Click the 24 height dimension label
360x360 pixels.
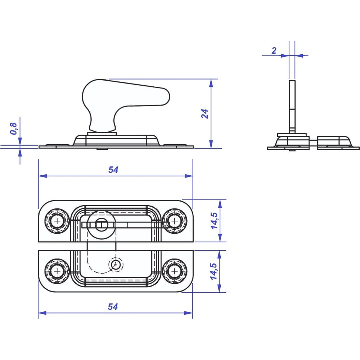[205, 114]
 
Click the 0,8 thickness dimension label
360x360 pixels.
[14, 129]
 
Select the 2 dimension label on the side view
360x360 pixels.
[274, 50]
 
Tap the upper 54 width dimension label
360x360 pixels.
[113, 170]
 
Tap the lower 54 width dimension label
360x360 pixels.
[113, 307]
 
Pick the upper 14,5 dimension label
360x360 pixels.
[214, 221]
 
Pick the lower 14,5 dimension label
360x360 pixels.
[214, 271]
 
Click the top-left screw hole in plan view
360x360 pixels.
[57, 221]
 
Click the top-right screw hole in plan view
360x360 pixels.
[175, 221]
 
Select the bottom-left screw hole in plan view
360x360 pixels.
[57, 271]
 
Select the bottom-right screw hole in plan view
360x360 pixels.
[175, 271]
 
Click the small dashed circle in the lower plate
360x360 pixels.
[116, 265]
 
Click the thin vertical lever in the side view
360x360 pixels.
[292, 107]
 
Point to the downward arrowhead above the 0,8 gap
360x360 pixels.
[20, 141]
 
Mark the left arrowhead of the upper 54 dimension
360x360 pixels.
[43, 176]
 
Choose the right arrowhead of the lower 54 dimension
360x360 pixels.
[188, 313]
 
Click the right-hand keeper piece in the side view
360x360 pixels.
[338, 143]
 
